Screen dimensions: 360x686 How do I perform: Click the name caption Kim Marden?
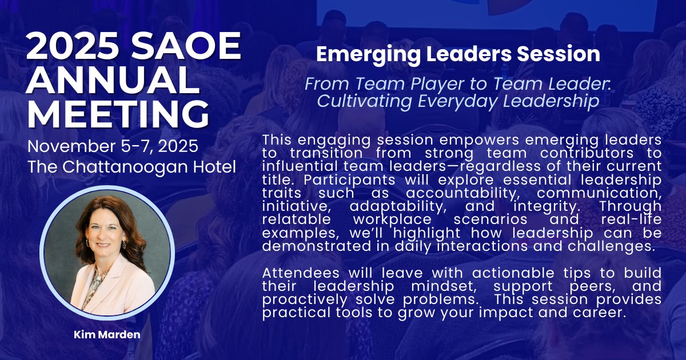[x=107, y=334]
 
